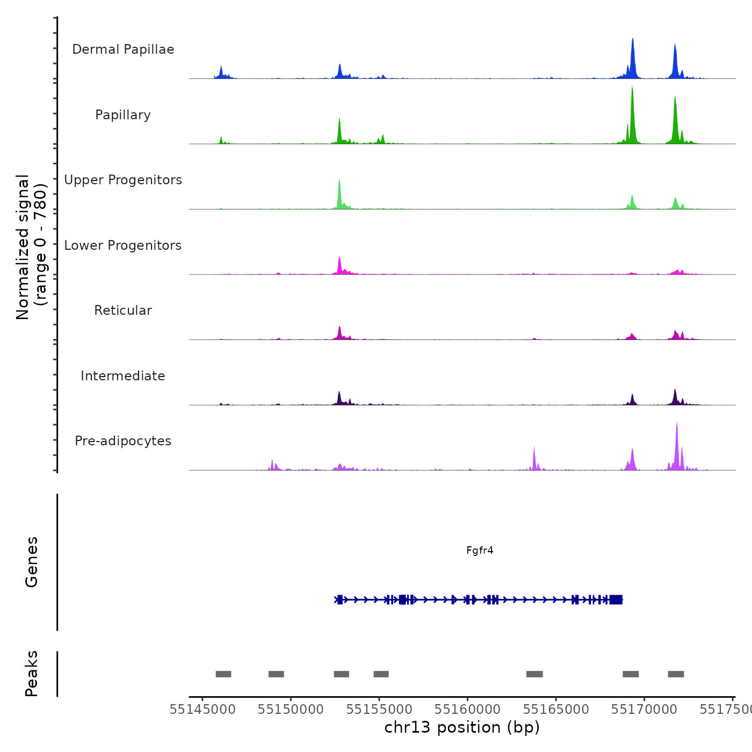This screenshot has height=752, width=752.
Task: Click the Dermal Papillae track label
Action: point(123,49)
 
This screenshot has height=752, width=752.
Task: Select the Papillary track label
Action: point(123,115)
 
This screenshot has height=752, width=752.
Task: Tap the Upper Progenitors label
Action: point(123,180)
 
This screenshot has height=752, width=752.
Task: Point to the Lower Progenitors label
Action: point(123,245)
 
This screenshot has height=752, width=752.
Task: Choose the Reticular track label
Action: point(123,310)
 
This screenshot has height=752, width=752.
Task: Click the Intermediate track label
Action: point(123,376)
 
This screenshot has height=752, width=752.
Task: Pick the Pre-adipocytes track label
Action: point(123,441)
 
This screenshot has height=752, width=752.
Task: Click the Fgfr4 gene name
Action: point(480,551)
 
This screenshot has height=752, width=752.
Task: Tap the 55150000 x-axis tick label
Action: point(291,710)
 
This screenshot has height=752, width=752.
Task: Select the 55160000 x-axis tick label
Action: point(467,710)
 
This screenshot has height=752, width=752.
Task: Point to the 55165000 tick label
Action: point(556,710)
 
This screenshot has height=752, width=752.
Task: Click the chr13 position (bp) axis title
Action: point(462,727)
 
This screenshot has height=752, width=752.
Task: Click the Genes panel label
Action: point(32,562)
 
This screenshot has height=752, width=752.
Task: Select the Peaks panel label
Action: point(32,674)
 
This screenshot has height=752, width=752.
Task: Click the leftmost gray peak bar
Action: point(223,674)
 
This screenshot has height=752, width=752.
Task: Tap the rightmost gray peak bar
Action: point(676,674)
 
